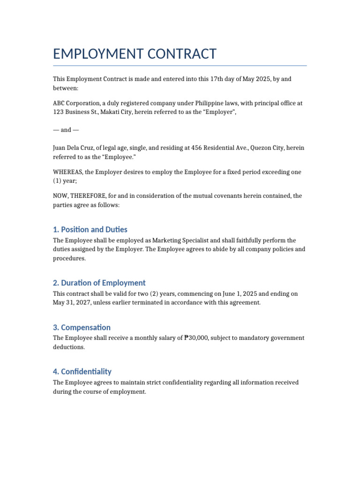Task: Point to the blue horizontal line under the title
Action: pos(180,66)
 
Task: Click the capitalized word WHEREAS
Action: pos(67,172)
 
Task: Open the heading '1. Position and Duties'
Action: pos(90,229)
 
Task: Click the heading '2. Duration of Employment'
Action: pos(99,283)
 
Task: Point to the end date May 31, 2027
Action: pos(72,303)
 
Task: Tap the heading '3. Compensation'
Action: pos(82,327)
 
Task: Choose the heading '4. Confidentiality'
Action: pos(82,371)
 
